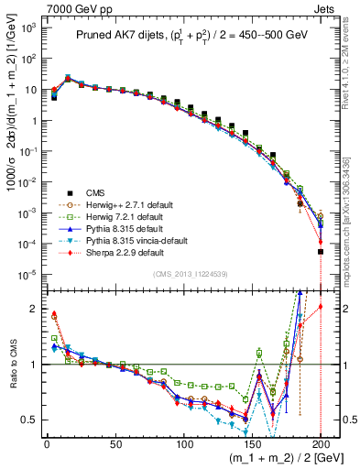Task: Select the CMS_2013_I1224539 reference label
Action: click(x=181, y=274)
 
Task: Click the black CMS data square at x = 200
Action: click(x=321, y=252)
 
